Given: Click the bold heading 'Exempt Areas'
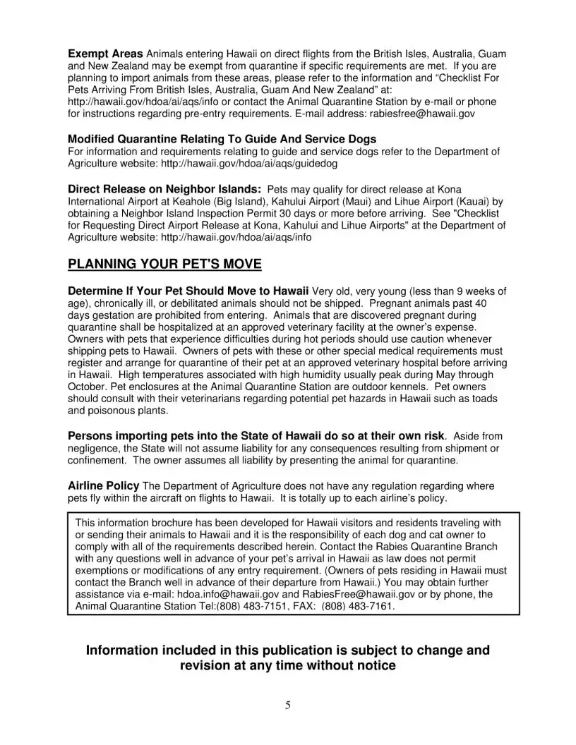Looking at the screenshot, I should [105, 54].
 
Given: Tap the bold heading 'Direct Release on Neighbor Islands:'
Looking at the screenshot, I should [164, 189].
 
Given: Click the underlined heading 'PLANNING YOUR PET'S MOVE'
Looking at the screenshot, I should [164, 264].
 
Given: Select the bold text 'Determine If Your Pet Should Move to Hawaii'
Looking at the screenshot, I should [188, 291].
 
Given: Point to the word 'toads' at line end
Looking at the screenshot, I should [485, 399].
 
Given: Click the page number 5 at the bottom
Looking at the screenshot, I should [288, 704].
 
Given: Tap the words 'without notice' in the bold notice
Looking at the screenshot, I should [350, 665].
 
